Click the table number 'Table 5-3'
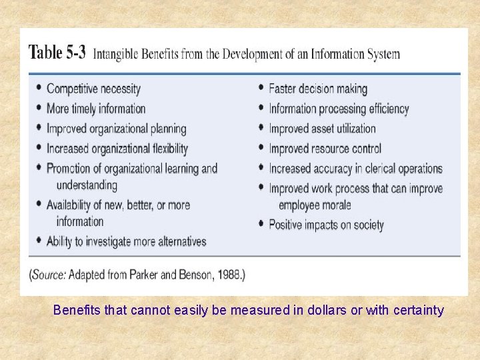tap(57, 53)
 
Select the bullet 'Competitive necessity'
tap(93, 89)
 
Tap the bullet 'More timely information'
tap(96, 109)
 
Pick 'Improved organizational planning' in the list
tap(116, 129)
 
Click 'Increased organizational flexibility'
tap(117, 149)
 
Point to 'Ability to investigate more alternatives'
tap(126, 241)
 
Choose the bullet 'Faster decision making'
tap(318, 89)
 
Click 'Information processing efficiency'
tap(339, 109)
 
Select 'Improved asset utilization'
tap(322, 129)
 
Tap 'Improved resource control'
tap(325, 149)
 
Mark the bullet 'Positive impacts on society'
tap(326, 225)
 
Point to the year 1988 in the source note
tap(228, 274)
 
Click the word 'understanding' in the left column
tap(87, 185)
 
